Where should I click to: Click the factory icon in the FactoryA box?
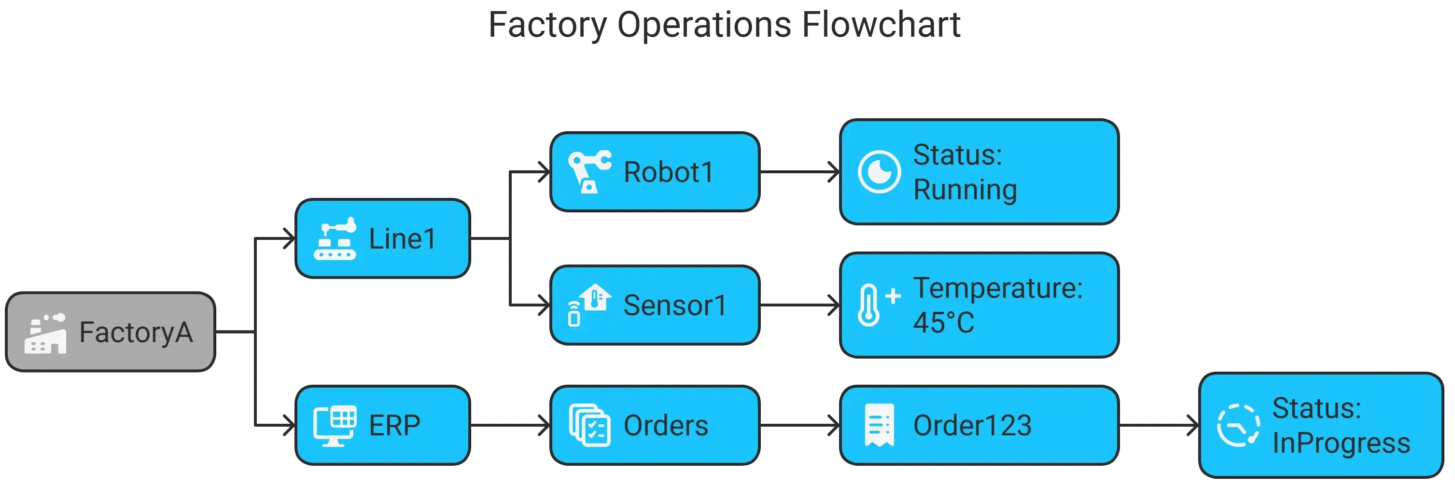coord(45,334)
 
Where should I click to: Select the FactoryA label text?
coord(136,332)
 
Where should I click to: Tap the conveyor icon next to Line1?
coord(335,238)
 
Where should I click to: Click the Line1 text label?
coord(402,239)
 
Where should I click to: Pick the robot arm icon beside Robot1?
coord(589,172)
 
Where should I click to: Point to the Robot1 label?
coord(669,172)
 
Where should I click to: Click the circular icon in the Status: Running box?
coord(879,172)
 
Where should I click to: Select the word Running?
coord(965,190)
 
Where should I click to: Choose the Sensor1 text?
coord(675,306)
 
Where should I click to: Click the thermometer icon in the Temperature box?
coord(875,305)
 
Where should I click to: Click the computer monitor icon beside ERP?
coord(335,425)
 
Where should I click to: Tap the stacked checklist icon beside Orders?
coord(589,425)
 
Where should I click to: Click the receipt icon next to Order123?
coord(879,425)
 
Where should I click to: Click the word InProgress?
coord(1341,444)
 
